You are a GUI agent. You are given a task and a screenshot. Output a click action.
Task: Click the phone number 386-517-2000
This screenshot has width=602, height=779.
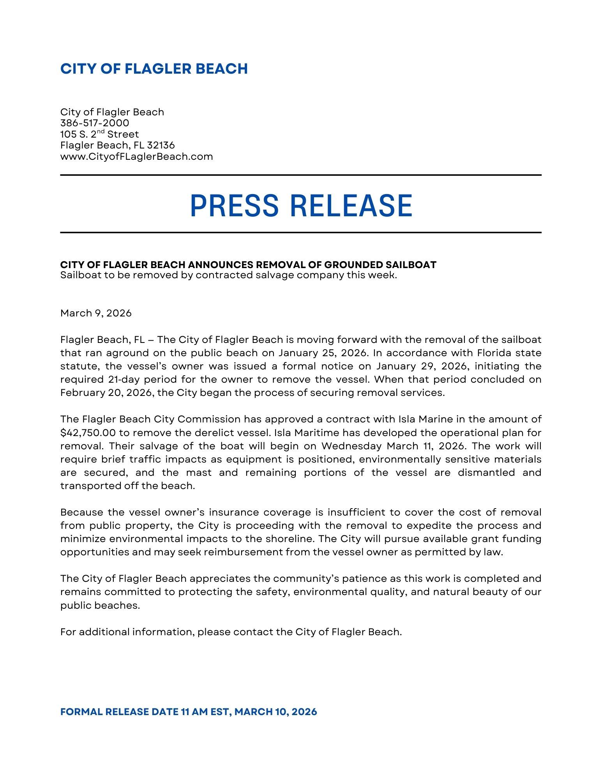(95, 123)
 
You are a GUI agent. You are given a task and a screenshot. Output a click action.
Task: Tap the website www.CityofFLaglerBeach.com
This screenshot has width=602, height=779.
(136, 157)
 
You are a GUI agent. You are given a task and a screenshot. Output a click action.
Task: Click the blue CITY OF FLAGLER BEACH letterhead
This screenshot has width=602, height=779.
(154, 69)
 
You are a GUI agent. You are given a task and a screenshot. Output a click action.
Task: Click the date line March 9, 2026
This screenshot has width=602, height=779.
(96, 313)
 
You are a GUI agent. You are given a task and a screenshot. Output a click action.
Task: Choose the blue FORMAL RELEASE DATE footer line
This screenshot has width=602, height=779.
(189, 712)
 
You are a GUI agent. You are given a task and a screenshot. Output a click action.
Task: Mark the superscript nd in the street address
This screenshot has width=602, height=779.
(102, 132)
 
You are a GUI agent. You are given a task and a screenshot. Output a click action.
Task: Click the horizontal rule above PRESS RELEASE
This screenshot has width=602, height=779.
(301, 175)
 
